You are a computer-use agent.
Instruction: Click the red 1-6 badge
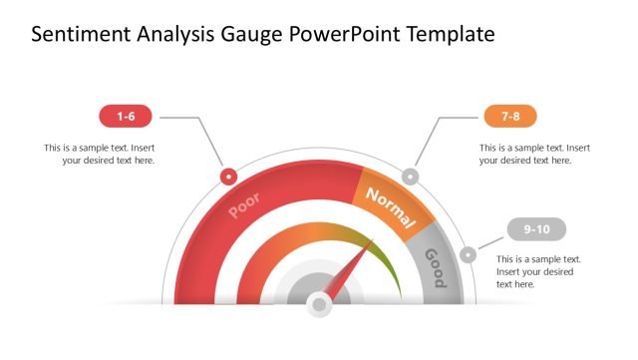pos(126,117)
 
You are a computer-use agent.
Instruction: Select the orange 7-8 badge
pos(510,117)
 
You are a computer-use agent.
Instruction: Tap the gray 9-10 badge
pos(536,229)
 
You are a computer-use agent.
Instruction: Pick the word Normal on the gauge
pos(388,204)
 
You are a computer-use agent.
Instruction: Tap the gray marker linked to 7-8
pos(409,177)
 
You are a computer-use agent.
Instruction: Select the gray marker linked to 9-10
pos(469,254)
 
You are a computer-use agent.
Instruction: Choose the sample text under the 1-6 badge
pos(99,154)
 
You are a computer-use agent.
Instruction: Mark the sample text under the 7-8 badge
pos(536,154)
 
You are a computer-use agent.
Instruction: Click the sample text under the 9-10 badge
pos(538,271)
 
